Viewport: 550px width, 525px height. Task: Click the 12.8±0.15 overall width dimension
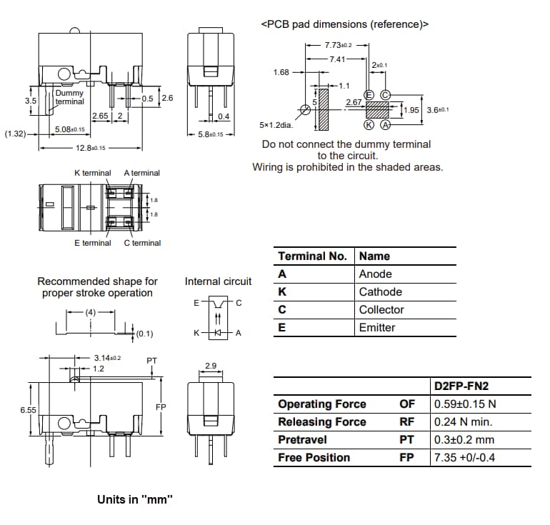tap(91, 148)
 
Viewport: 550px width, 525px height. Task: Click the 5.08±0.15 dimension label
tap(70, 129)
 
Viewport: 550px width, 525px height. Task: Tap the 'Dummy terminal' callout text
tap(69, 97)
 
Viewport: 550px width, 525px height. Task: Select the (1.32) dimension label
tap(15, 134)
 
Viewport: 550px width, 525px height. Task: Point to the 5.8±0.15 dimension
tap(210, 134)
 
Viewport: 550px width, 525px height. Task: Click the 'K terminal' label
tap(93, 173)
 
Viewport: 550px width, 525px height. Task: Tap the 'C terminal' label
tap(142, 243)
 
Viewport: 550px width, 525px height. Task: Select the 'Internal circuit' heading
tap(218, 281)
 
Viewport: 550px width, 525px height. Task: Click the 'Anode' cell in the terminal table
tap(375, 274)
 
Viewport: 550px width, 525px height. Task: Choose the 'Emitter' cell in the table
tap(377, 328)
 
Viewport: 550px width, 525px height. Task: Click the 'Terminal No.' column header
tap(312, 256)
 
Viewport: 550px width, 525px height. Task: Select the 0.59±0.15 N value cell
tap(465, 404)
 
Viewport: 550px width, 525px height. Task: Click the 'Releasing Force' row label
tap(321, 422)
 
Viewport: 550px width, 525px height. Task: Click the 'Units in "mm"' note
tap(135, 499)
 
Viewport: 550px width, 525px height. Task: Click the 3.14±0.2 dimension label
tap(107, 358)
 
